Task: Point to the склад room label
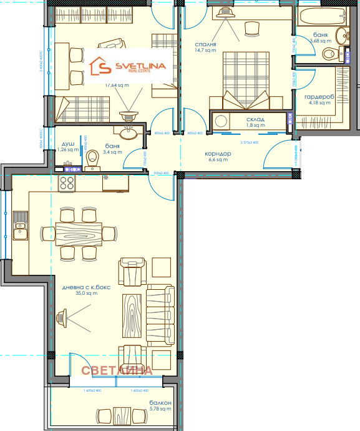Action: point(255,119)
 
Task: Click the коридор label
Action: point(218,154)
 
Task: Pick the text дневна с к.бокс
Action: point(87,288)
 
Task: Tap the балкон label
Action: point(160,404)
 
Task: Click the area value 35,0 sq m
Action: point(87,294)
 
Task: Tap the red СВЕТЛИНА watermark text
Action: point(117,370)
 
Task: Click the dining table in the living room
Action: point(80,234)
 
